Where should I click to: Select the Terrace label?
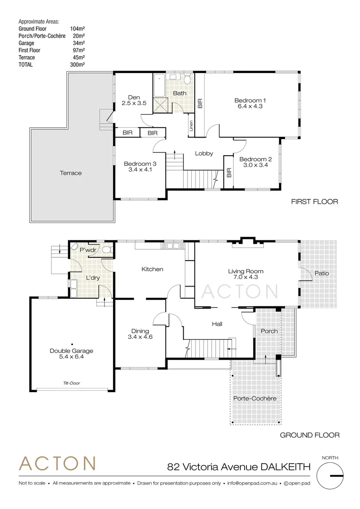point(71,173)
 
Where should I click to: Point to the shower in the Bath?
point(161,105)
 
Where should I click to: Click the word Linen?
point(191,126)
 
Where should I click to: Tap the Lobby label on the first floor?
point(204,153)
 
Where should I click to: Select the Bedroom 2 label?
point(255,159)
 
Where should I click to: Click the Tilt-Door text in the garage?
point(72,383)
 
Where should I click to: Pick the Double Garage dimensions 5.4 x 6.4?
point(72,357)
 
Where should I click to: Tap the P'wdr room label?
point(88,250)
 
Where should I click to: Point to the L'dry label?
point(92,278)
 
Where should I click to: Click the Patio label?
point(321,273)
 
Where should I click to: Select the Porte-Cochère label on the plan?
point(255,398)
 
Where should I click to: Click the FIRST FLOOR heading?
point(314,202)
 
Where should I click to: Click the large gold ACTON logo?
point(57,464)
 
